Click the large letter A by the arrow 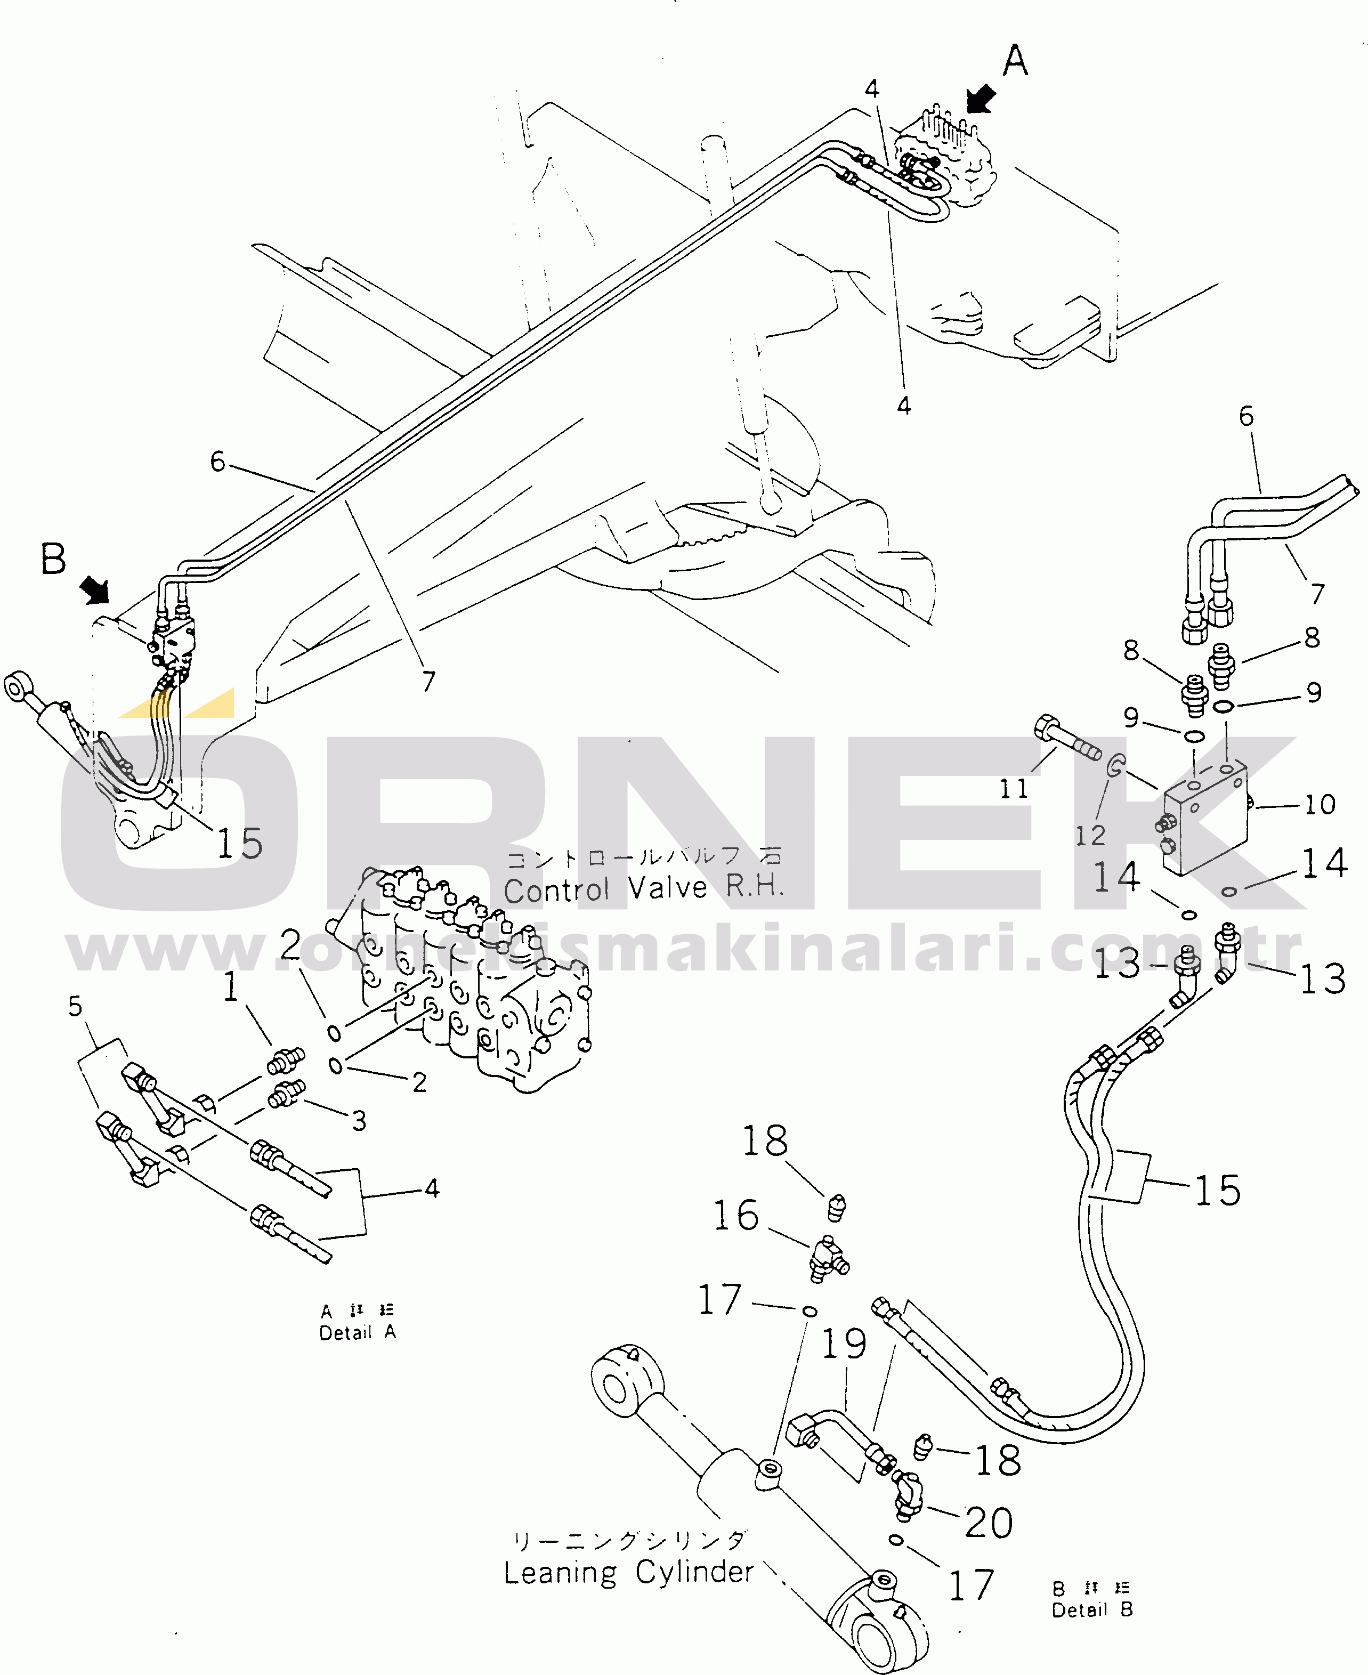[1015, 61]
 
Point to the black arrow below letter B [95, 588]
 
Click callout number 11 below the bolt [1014, 789]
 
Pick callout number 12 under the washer [1091, 835]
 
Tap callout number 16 [735, 1215]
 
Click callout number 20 [988, 1522]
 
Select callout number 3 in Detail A [359, 1120]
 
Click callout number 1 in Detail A [230, 986]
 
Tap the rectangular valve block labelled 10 [1205, 819]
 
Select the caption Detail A [357, 1332]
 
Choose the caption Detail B [1092, 1609]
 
